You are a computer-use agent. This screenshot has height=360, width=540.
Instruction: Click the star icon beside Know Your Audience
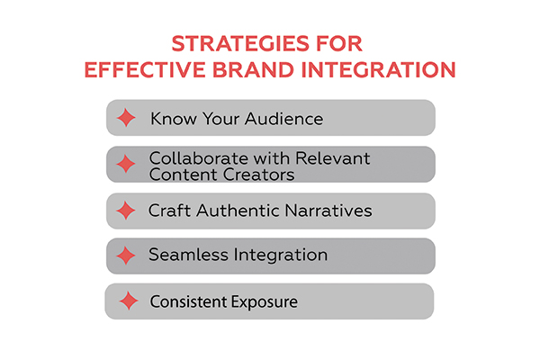click(127, 118)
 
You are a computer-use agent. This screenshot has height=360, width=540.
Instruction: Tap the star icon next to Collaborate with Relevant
click(127, 166)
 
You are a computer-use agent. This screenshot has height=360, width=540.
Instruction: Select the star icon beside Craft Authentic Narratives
click(127, 211)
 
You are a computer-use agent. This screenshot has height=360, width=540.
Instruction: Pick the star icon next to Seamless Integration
click(127, 256)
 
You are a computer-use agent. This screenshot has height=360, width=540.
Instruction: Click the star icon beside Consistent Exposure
click(127, 301)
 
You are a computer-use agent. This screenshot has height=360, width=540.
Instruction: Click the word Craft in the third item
click(168, 211)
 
